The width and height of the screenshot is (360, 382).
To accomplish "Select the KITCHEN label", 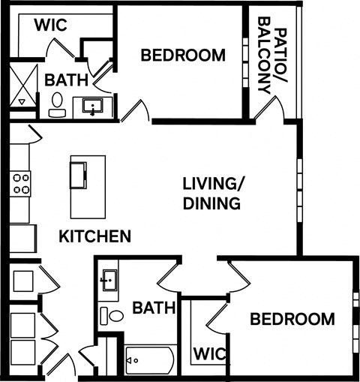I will coord(95,236).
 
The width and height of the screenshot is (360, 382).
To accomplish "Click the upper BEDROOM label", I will coord(183,55).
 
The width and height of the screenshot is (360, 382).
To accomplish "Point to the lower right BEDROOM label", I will coord(292,319).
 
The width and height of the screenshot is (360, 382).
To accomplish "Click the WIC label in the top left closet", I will coord(51,25).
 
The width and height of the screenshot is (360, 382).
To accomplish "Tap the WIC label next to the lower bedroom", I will coord(210,353).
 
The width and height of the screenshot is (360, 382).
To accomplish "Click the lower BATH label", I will coord(154,307).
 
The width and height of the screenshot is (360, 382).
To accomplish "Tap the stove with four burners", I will coord(20,184).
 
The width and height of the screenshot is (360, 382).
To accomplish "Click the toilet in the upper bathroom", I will coord(56,106).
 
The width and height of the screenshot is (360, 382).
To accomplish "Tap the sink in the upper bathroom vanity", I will coord(94,107).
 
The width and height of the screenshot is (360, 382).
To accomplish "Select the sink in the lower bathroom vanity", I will coord(109,281).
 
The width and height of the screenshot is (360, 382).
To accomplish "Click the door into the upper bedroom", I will coord(135,113).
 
